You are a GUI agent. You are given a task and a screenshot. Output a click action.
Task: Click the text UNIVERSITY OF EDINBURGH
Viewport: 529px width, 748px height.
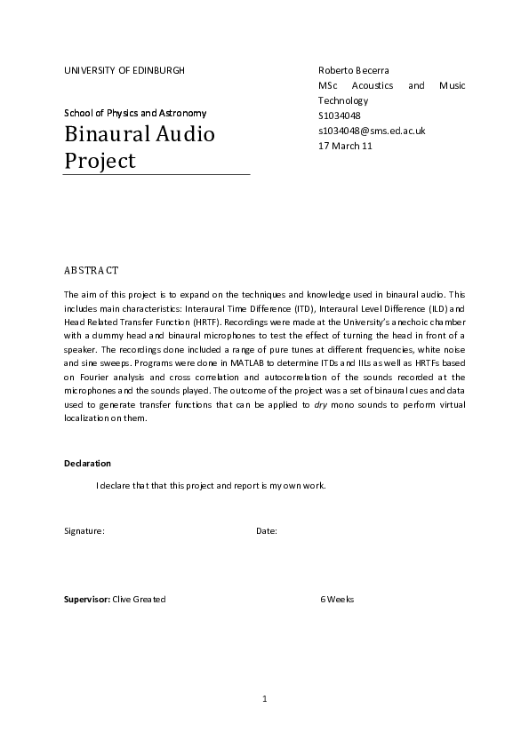[124, 69]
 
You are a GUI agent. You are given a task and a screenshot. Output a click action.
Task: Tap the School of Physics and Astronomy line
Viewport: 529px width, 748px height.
[135, 113]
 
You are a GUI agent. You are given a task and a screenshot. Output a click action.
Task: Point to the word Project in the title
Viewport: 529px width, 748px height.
[100, 161]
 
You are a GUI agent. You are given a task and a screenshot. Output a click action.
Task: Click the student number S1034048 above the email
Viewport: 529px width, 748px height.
[340, 115]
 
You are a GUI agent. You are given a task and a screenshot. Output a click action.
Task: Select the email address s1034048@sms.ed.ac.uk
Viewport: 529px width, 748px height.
[372, 131]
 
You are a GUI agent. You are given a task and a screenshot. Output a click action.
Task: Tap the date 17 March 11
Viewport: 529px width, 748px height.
[345, 146]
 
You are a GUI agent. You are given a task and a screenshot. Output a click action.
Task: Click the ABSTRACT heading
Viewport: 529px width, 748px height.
[92, 269]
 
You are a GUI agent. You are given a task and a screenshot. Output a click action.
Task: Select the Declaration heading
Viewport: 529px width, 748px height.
[87, 464]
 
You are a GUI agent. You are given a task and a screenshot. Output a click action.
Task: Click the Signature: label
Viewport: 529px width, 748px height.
[84, 531]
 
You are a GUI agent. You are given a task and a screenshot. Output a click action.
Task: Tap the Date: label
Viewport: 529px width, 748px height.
[267, 531]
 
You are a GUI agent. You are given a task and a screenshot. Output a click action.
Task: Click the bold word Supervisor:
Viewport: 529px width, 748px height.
[86, 600]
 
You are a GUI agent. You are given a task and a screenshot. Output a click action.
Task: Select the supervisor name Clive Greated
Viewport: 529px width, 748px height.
[139, 600]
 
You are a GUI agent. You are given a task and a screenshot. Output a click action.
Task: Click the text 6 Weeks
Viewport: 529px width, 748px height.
[337, 600]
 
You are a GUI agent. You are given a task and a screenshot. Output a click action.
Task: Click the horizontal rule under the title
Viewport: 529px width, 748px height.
[156, 174]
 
